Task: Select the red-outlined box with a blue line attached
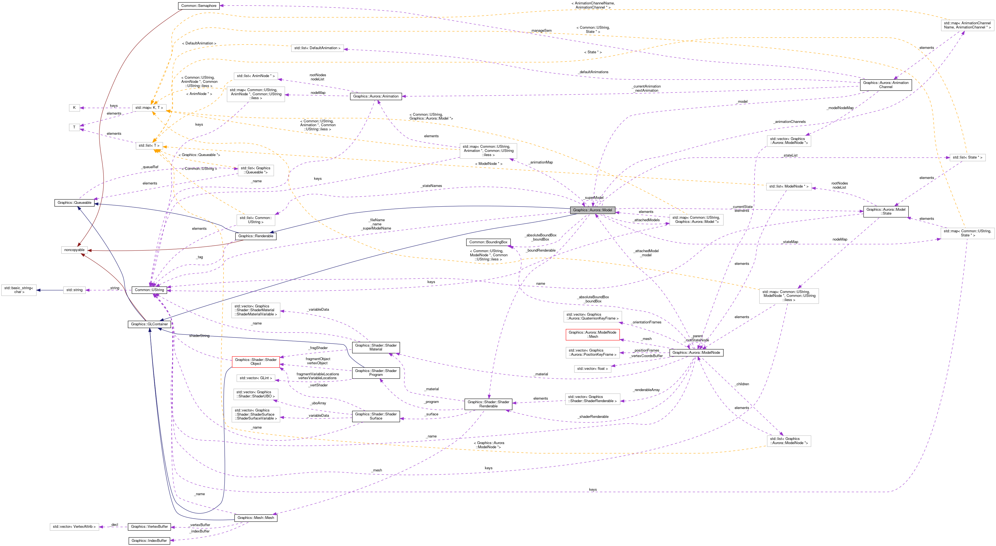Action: [x=256, y=362]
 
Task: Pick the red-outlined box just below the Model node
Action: [x=592, y=335]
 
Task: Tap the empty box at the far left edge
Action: [x=19, y=290]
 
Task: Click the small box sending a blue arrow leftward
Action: [x=74, y=290]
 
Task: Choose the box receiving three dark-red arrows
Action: [x=74, y=250]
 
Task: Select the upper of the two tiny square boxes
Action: [x=74, y=108]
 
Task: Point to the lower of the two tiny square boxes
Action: [x=74, y=127]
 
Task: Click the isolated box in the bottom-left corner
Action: [x=74, y=527]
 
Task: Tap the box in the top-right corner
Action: [x=967, y=25]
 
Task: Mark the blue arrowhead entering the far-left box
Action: [x=39, y=290]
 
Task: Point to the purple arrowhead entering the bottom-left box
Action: [x=101, y=527]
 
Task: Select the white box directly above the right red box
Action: [x=592, y=316]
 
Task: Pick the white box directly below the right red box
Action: [x=592, y=352]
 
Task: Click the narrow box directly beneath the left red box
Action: [x=256, y=378]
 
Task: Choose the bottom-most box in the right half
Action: [x=789, y=441]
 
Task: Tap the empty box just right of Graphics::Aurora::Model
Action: [x=696, y=220]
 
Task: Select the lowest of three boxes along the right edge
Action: [x=967, y=233]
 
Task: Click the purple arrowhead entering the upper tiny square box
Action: [x=82, y=108]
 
